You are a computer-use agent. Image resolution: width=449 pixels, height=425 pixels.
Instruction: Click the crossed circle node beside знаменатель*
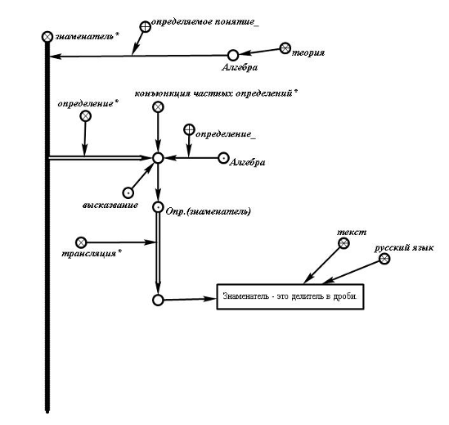click(47, 37)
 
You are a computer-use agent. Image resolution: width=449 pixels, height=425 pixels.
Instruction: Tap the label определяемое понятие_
click(205, 22)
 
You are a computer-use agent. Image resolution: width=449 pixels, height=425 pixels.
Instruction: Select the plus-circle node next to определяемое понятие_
click(146, 27)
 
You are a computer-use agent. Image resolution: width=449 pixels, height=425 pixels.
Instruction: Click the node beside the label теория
click(285, 48)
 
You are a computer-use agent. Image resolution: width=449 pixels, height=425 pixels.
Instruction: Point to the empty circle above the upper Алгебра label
click(233, 55)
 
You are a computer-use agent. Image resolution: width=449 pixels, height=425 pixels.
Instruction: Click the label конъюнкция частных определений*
click(216, 93)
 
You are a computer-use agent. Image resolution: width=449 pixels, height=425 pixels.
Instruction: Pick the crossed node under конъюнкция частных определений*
click(158, 107)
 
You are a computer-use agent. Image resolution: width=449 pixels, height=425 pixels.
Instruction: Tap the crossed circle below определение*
click(85, 116)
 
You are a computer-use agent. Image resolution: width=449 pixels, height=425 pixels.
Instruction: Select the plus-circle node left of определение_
click(189, 129)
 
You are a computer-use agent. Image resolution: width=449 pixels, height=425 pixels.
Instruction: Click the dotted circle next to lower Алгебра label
click(223, 158)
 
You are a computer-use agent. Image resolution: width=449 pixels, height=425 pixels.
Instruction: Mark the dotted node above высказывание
click(128, 193)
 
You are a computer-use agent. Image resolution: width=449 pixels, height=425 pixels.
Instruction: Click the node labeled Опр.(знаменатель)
click(158, 207)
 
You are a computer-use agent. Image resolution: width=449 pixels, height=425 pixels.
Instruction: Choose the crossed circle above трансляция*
click(81, 242)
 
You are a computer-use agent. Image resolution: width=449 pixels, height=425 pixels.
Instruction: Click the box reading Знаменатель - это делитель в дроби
click(290, 296)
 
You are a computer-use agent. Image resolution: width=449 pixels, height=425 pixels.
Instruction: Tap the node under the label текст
click(343, 243)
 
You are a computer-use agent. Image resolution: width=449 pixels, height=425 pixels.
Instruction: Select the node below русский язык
click(384, 259)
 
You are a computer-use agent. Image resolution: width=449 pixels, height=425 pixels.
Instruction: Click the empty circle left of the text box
click(158, 301)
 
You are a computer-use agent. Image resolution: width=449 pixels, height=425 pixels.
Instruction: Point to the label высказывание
click(110, 205)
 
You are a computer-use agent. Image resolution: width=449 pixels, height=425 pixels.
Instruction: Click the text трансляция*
click(92, 253)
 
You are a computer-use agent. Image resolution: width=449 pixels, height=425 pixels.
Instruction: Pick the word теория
click(308, 52)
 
